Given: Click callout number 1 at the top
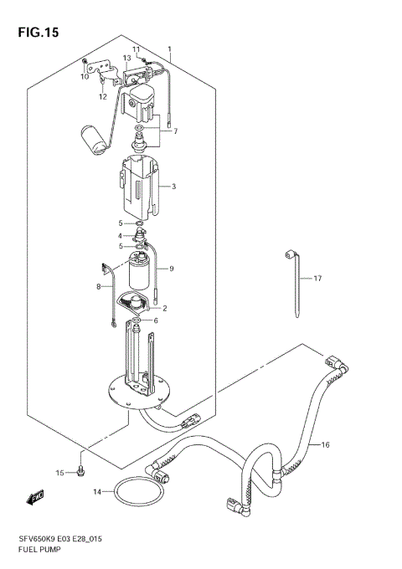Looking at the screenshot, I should click(170, 49).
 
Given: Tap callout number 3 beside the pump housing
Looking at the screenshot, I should click(173, 187).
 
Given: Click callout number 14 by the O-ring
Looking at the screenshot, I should click(97, 491).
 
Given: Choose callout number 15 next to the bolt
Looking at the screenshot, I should click(60, 474).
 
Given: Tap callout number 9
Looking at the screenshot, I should click(171, 269).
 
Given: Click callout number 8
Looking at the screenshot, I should click(98, 287).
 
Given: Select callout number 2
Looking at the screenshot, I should click(165, 309).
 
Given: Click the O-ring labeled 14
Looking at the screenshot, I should click(136, 491).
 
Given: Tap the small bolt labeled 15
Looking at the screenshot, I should click(80, 471).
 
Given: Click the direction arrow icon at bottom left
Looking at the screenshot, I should click(35, 500).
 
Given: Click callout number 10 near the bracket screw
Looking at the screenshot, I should click(85, 77).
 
